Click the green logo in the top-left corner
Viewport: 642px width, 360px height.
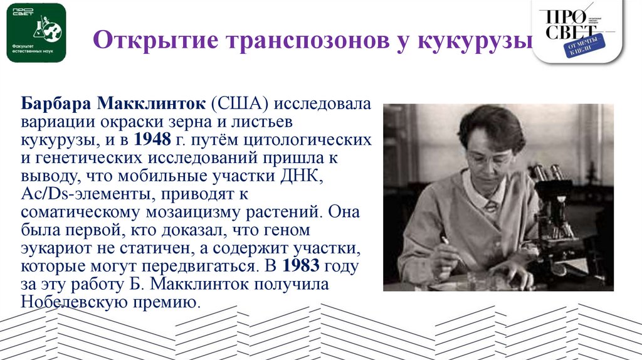point(36,33)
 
